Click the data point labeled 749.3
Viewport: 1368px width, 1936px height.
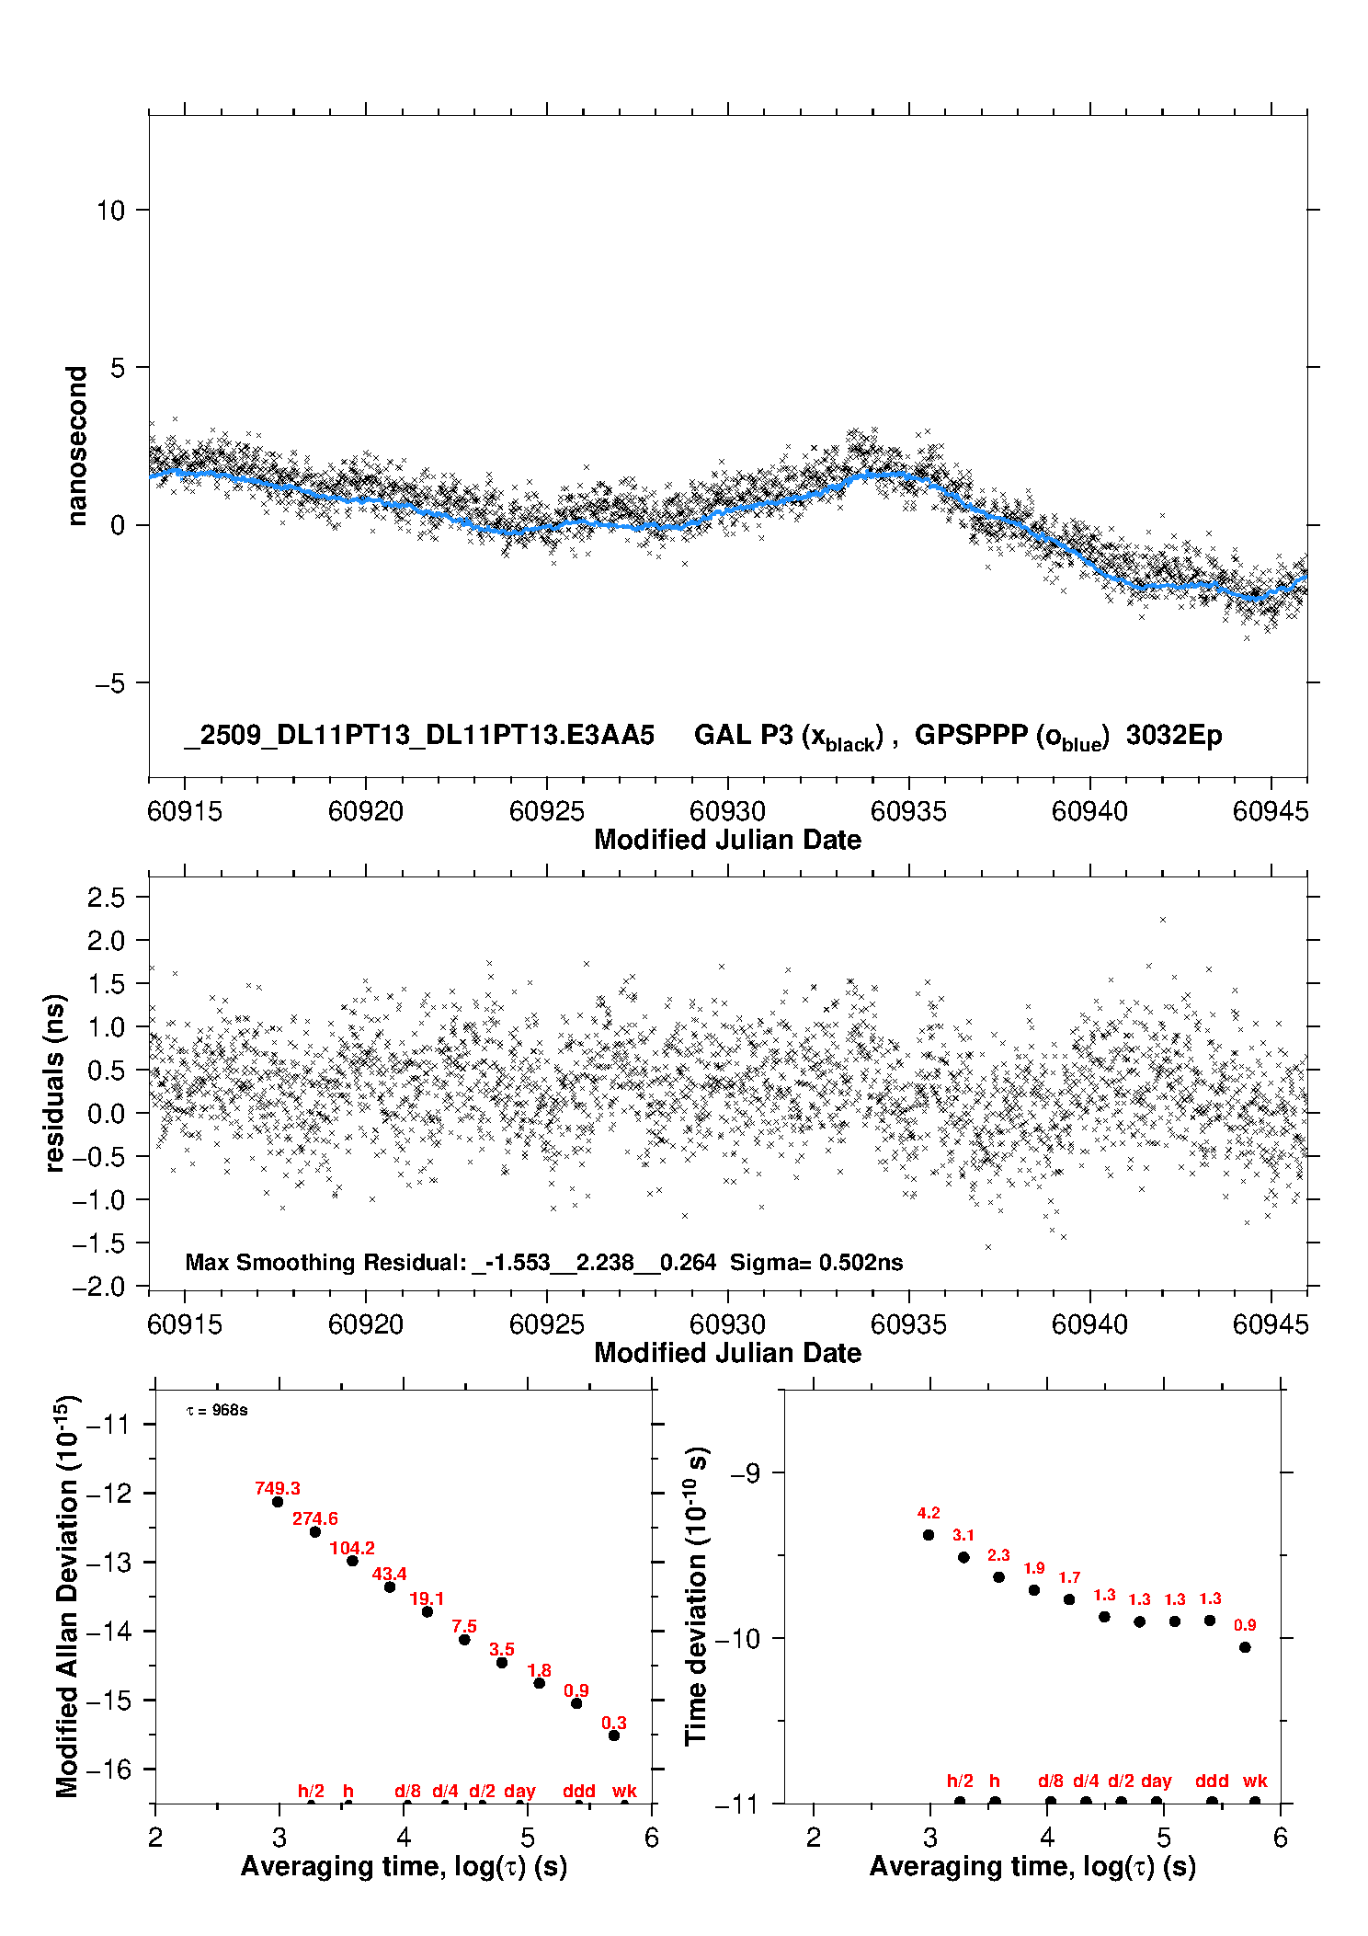pyautogui.click(x=278, y=1502)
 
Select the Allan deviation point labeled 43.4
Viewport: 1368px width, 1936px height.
pyautogui.click(x=390, y=1587)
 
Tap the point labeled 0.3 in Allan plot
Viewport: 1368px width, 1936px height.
pyautogui.click(x=614, y=1736)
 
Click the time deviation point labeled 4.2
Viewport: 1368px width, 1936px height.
pyautogui.click(x=929, y=1535)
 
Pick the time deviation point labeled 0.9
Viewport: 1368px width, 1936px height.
pyautogui.click(x=1245, y=1647)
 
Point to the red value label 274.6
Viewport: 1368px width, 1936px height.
pyautogui.click(x=315, y=1518)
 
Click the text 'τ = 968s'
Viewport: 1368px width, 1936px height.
pyautogui.click(x=217, y=1411)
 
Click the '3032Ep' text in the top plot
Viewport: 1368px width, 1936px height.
pyautogui.click(x=1174, y=736)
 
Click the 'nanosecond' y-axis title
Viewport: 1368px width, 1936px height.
pyautogui.click(x=77, y=446)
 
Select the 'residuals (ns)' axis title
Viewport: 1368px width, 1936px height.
pyautogui.click(x=55, y=1083)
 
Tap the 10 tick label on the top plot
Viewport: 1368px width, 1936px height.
pyautogui.click(x=110, y=211)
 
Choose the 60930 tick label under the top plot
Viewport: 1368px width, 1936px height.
pyautogui.click(x=727, y=811)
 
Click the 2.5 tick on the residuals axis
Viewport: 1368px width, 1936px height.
pyautogui.click(x=106, y=898)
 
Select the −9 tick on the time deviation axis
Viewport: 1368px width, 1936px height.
pyautogui.click(x=745, y=1473)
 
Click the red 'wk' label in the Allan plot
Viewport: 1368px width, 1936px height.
pyautogui.click(x=624, y=1791)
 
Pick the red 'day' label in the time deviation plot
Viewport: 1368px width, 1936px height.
pyautogui.click(x=1157, y=1781)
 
